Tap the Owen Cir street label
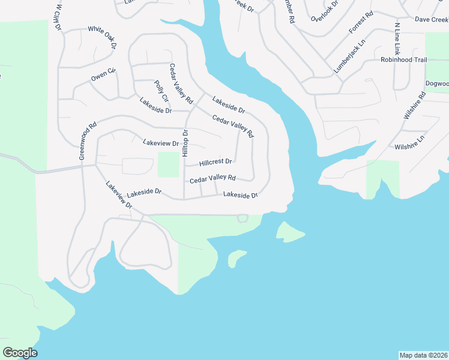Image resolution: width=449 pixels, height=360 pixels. (103, 76)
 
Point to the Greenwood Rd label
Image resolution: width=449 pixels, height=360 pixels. (88, 142)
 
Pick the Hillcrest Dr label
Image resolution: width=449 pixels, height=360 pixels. (215, 162)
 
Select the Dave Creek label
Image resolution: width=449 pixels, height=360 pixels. (432, 20)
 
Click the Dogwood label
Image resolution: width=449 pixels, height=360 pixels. (437, 83)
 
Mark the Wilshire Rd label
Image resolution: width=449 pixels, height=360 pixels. (414, 106)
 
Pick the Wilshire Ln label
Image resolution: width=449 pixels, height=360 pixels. (409, 142)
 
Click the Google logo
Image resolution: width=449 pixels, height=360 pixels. (20, 353)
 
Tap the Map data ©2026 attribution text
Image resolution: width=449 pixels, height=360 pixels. (423, 355)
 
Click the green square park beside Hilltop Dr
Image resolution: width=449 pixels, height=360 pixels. (169, 164)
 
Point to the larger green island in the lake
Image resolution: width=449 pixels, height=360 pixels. (291, 232)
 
